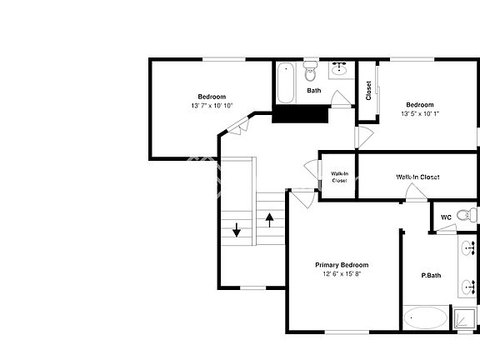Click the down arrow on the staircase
pos(237,229)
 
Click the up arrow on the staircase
pos(270,219)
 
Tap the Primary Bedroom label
pos(342,265)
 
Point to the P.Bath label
pos(431,275)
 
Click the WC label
pos(446,217)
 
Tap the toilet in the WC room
pos(472,215)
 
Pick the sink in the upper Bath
pos(340,68)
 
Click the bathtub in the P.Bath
pos(425,318)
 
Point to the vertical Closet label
pos(368,90)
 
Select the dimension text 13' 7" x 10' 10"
pos(212,106)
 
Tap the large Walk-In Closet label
pos(417,177)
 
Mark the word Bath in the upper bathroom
pos(314,91)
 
